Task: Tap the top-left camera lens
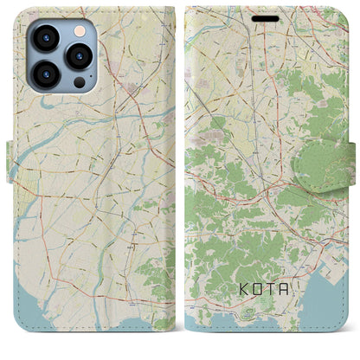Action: pyautogui.click(x=46, y=38)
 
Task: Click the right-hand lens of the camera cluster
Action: pyautogui.click(x=80, y=57)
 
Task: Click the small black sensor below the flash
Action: pyautogui.click(x=79, y=84)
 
